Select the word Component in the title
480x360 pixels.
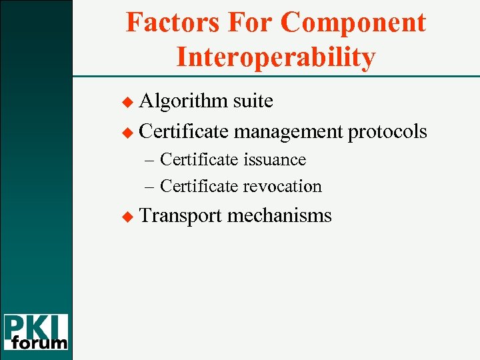point(353,23)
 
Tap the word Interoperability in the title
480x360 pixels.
point(275,57)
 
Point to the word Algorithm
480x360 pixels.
point(184,101)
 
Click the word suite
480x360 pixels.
point(253,101)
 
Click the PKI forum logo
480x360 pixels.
point(36,332)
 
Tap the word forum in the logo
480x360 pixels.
point(41,343)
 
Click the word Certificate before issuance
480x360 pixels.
point(199,160)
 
